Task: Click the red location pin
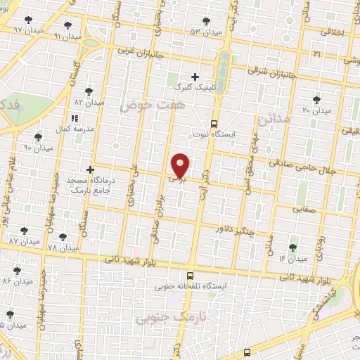[181, 165]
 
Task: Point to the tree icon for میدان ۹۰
[38, 137]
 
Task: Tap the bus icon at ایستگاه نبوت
[214, 121]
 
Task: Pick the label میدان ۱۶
[292, 259]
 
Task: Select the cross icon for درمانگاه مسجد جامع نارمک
[89, 169]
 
